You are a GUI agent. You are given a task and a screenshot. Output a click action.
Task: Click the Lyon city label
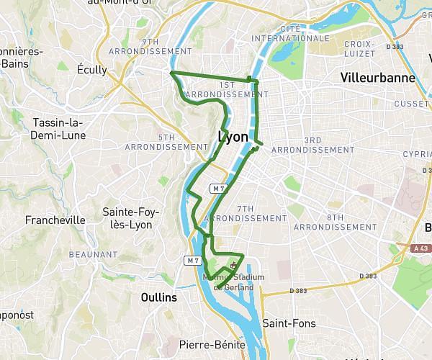(233, 136)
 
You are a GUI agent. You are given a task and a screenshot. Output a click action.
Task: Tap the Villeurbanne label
(372, 76)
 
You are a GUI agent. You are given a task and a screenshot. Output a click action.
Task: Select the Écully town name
(91, 70)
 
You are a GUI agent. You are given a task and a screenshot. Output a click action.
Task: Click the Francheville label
(55, 220)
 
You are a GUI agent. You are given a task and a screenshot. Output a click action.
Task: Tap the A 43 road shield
(423, 248)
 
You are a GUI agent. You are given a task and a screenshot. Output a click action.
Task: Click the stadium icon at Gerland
(232, 265)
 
